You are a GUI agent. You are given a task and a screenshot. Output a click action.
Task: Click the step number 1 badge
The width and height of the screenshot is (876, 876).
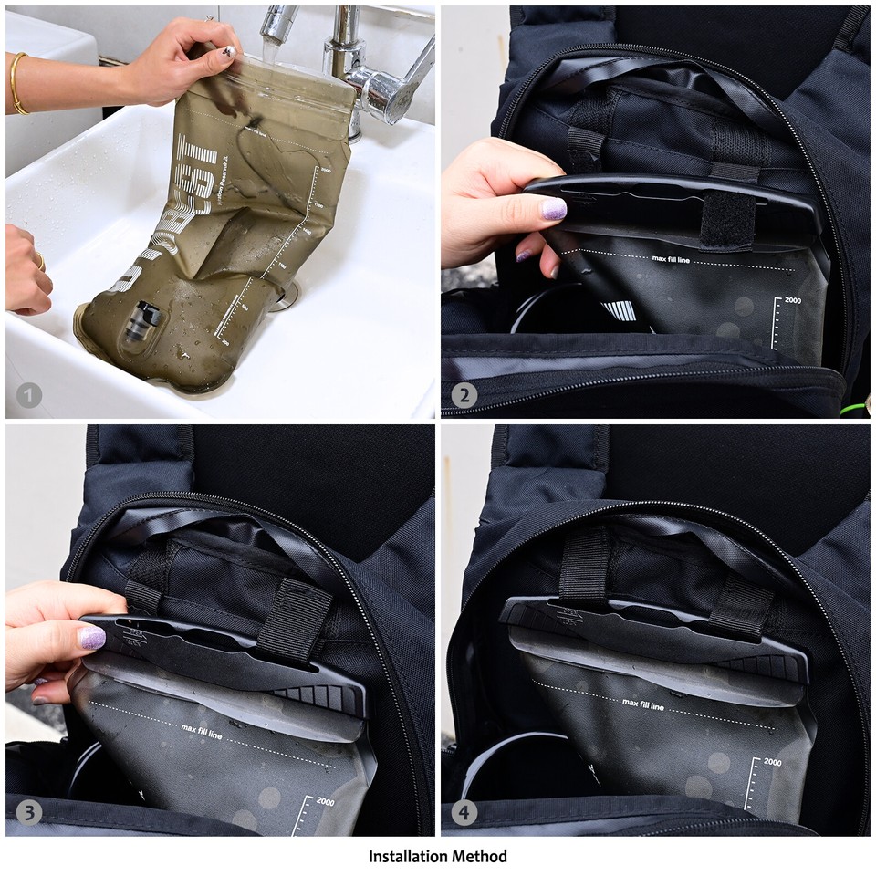(x=29, y=395)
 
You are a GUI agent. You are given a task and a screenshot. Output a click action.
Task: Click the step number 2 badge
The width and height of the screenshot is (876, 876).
(x=464, y=395)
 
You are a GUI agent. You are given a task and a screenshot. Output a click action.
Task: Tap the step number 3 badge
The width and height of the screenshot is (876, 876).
(x=29, y=812)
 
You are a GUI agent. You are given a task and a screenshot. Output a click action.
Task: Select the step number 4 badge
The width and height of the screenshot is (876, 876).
(x=464, y=812)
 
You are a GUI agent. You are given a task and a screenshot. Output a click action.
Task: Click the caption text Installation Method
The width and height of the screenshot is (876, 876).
(x=438, y=856)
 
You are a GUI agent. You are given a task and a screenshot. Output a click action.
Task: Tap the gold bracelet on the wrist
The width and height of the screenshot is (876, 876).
(x=16, y=83)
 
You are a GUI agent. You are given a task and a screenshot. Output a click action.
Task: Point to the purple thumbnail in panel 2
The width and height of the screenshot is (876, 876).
(x=554, y=209)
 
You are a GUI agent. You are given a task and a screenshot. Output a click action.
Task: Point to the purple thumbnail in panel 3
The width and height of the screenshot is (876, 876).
(x=92, y=637)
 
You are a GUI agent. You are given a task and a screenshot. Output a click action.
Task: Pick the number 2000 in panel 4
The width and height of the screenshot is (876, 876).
(x=772, y=761)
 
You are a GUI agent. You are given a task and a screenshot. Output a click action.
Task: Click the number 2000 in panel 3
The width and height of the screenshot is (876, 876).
(x=327, y=802)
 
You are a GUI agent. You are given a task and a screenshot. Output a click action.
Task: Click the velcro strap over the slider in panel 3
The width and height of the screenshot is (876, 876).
(x=295, y=620)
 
